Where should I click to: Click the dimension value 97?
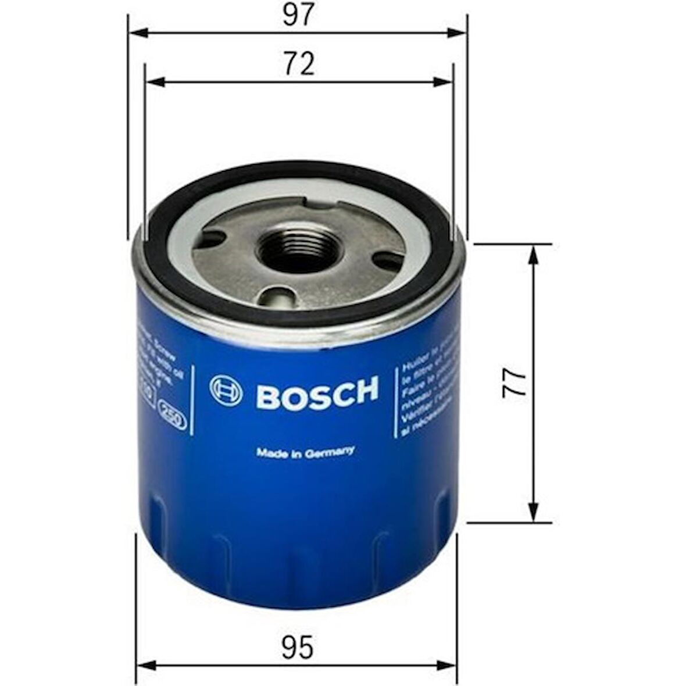coord(298,15)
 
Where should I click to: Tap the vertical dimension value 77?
coord(514,383)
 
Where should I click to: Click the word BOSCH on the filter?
coord(317,392)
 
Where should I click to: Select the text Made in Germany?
coord(305,453)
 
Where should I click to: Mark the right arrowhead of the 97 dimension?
coord(463,33)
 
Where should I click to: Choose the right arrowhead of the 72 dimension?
coord(448,82)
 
